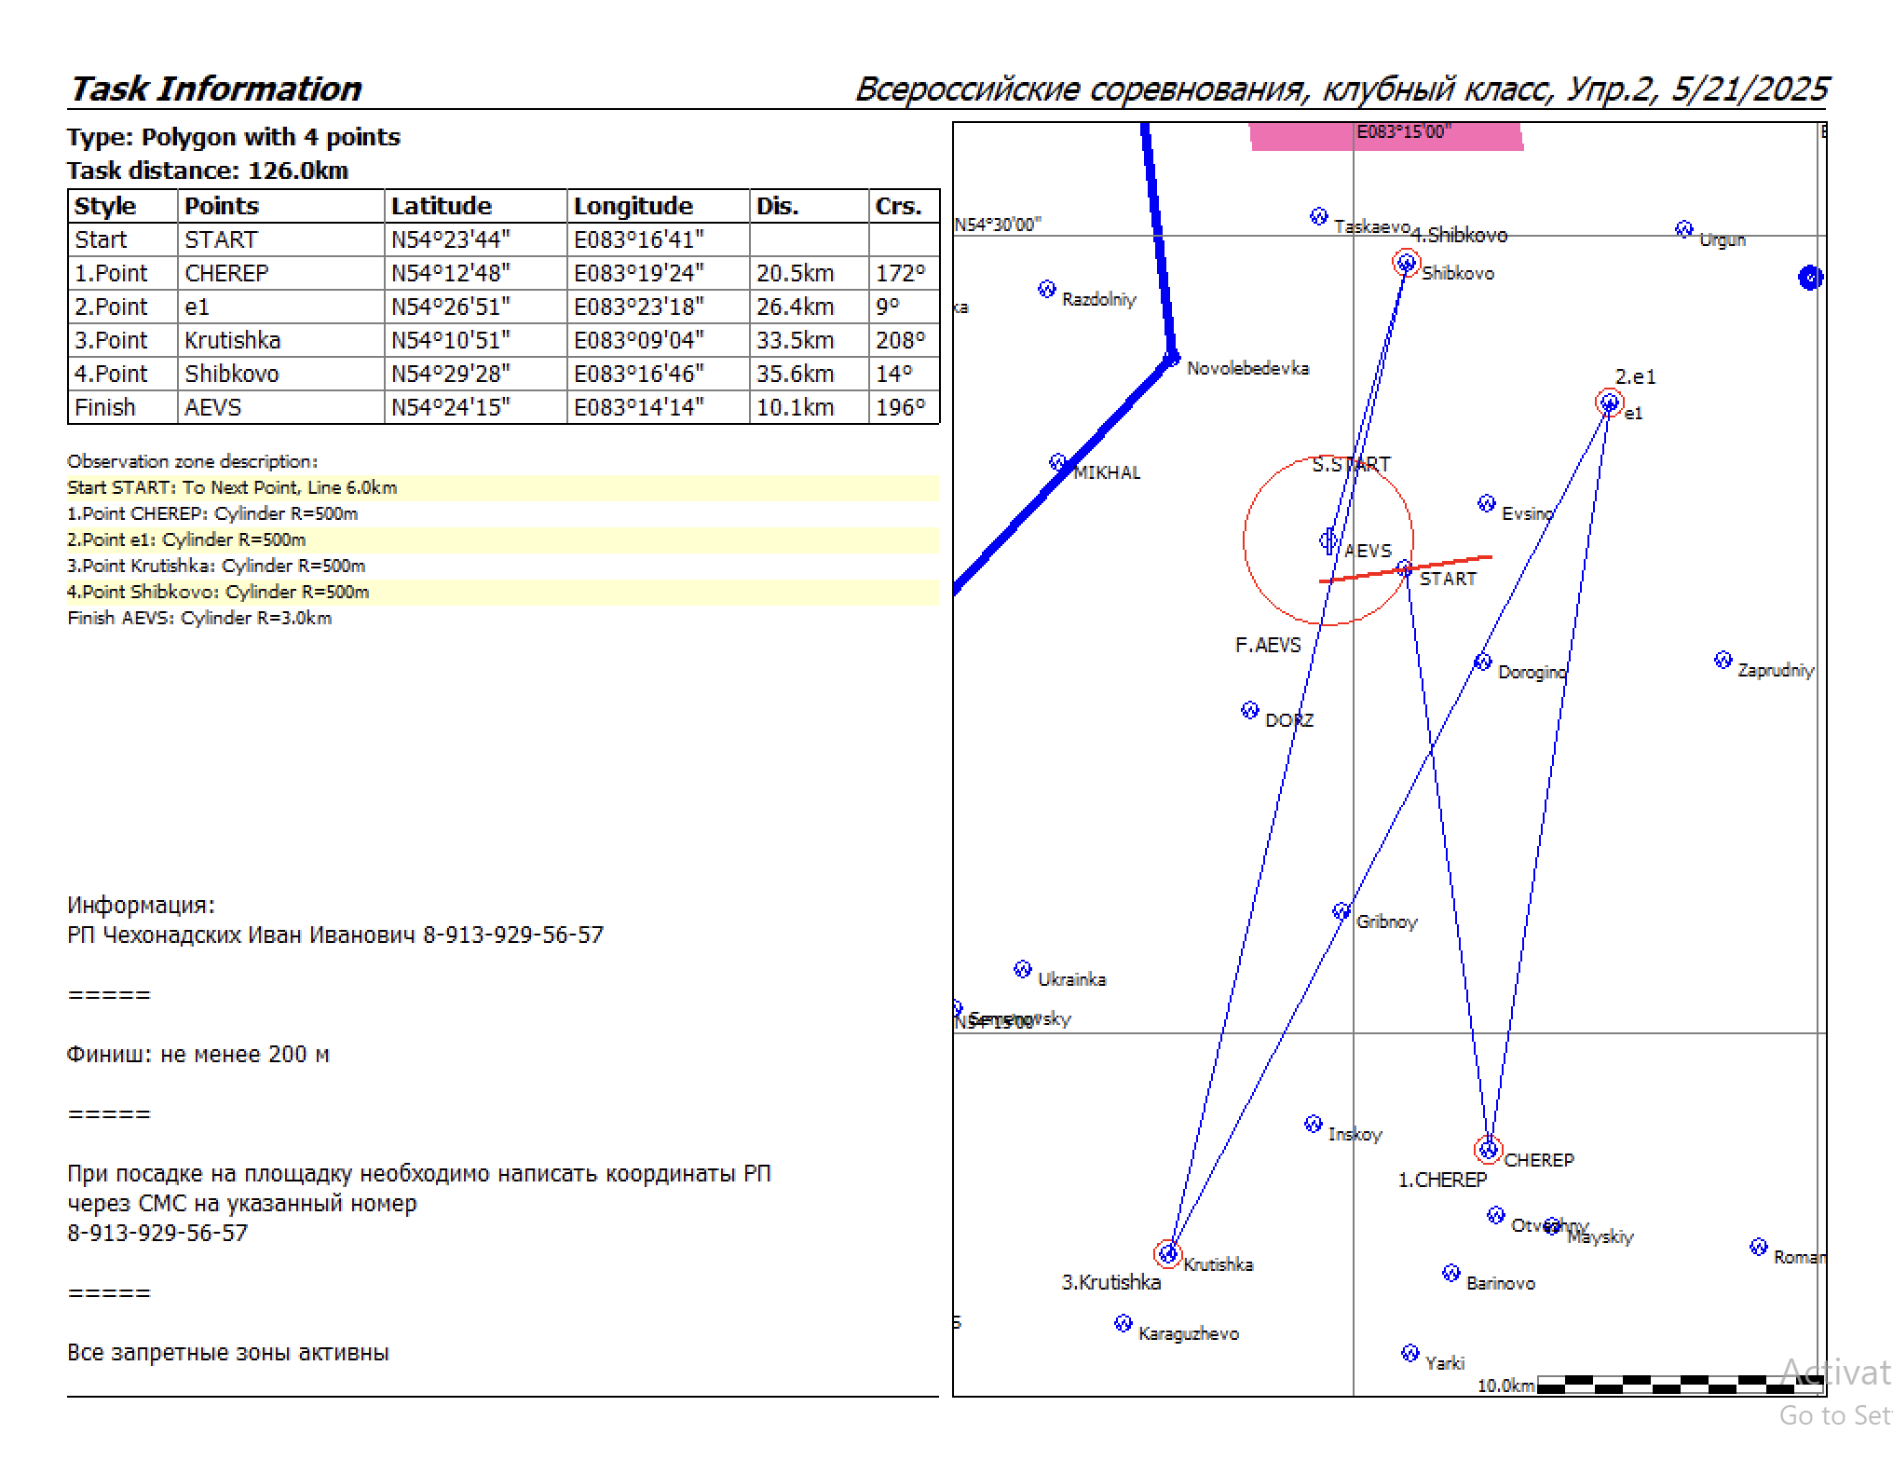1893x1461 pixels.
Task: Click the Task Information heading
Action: pyautogui.click(x=216, y=89)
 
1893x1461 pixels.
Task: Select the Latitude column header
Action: pyautogui.click(x=441, y=206)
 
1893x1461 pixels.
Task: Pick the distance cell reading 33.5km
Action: pyautogui.click(x=795, y=340)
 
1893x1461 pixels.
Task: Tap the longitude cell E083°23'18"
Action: pyautogui.click(x=638, y=307)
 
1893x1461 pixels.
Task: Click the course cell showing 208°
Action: pyautogui.click(x=900, y=340)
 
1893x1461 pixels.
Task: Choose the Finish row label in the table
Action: pyautogui.click(x=105, y=407)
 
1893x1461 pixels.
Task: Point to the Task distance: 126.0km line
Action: pyautogui.click(x=208, y=171)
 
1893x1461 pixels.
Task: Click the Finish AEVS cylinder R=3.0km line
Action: pyautogui.click(x=199, y=618)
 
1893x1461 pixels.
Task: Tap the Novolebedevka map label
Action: pyautogui.click(x=1247, y=368)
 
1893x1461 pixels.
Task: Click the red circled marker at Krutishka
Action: pyautogui.click(x=1167, y=1253)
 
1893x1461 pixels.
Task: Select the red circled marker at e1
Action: pyautogui.click(x=1609, y=403)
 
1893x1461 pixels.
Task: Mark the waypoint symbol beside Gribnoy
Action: pyautogui.click(x=1341, y=911)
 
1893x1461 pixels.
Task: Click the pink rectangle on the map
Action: pyautogui.click(x=1385, y=137)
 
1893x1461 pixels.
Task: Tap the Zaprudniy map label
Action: pyautogui.click(x=1776, y=670)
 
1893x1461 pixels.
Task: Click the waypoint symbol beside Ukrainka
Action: pyautogui.click(x=1022, y=969)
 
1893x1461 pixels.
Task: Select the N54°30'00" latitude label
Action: pyautogui.click(x=998, y=225)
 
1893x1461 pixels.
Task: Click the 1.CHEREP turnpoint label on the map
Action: pyautogui.click(x=1442, y=1180)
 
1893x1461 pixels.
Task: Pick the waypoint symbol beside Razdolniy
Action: pyautogui.click(x=1046, y=289)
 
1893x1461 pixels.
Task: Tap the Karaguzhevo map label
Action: pyautogui.click(x=1188, y=1333)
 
